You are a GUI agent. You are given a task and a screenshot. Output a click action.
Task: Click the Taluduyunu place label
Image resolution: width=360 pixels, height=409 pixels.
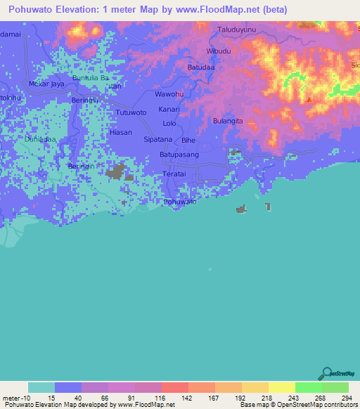240,30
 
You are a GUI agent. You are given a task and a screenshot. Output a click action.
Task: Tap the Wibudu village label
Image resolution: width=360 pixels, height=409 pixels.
219,51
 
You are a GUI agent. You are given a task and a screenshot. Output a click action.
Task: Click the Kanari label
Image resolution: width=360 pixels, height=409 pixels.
169,110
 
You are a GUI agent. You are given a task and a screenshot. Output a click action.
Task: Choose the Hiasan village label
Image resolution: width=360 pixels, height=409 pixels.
121,131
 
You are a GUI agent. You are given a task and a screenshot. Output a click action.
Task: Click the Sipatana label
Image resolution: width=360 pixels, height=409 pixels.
158,140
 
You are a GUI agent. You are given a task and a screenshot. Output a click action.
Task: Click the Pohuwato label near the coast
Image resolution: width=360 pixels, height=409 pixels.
179,202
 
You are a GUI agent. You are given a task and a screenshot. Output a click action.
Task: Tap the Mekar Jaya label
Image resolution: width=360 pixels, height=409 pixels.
42,83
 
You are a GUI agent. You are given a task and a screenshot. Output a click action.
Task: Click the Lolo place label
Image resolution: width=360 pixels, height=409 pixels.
169,124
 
